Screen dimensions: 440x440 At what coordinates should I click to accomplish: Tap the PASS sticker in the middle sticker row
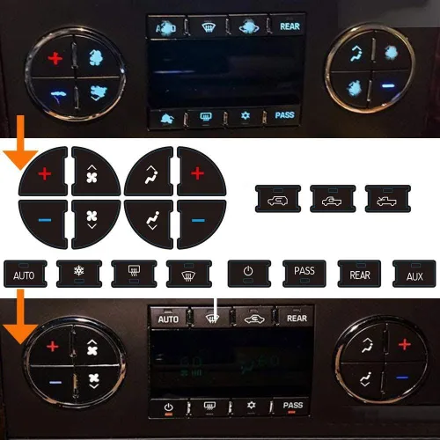pyautogui.click(x=304, y=273)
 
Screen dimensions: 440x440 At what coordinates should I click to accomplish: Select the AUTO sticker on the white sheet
pyautogui.click(x=23, y=274)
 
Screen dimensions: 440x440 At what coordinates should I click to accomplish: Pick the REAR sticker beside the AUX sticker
pyautogui.click(x=359, y=273)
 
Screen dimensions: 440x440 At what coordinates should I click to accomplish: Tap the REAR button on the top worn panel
pyautogui.click(x=290, y=26)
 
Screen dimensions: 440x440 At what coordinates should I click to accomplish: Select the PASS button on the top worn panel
pyautogui.click(x=284, y=115)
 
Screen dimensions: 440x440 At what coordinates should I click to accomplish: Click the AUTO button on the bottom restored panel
pyautogui.click(x=168, y=318)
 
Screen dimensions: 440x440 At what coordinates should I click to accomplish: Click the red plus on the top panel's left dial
pyautogui.click(x=56, y=59)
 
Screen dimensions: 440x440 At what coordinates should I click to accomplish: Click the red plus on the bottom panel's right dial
pyautogui.click(x=403, y=344)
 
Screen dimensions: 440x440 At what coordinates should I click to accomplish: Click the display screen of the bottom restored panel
pyautogui.click(x=231, y=362)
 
